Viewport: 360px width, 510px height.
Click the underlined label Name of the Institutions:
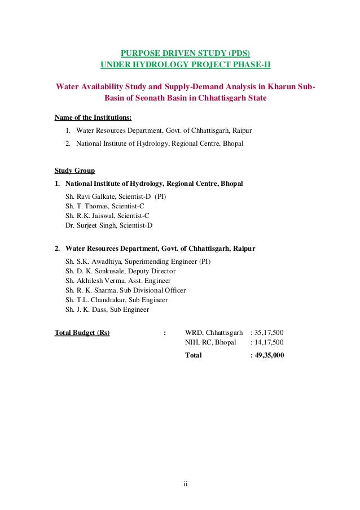[x=93, y=118]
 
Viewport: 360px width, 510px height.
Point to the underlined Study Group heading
[x=74, y=170]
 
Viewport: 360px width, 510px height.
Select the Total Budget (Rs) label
[x=82, y=333]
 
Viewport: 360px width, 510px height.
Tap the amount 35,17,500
[x=269, y=333]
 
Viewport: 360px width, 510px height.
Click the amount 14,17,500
[x=269, y=342]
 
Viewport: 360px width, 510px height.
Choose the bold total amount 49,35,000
[x=270, y=355]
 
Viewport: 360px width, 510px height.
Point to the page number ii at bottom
[x=185, y=484]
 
